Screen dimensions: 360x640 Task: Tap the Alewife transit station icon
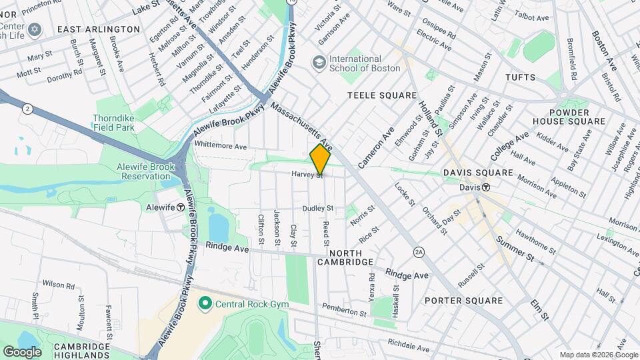pyautogui.click(x=181, y=207)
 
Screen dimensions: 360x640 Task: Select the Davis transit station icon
pyautogui.click(x=487, y=188)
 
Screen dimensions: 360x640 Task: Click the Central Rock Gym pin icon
pyautogui.click(x=205, y=304)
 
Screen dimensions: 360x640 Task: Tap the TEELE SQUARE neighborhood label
pyautogui.click(x=382, y=96)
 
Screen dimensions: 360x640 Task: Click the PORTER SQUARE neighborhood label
pyautogui.click(x=463, y=301)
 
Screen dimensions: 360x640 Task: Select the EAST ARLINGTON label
pyautogui.click(x=99, y=29)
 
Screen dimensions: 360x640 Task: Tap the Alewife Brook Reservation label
pyautogui.click(x=136, y=171)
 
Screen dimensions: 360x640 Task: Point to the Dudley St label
pyautogui.click(x=317, y=209)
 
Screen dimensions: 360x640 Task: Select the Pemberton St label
pyautogui.click(x=345, y=310)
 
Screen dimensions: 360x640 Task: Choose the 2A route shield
pyautogui.click(x=419, y=251)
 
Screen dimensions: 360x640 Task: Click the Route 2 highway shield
pyautogui.click(x=27, y=108)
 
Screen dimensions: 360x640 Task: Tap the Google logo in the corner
pyautogui.click(x=21, y=351)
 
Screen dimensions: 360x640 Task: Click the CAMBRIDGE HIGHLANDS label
pyautogui.click(x=81, y=351)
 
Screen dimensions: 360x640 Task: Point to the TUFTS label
pyautogui.click(x=520, y=78)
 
